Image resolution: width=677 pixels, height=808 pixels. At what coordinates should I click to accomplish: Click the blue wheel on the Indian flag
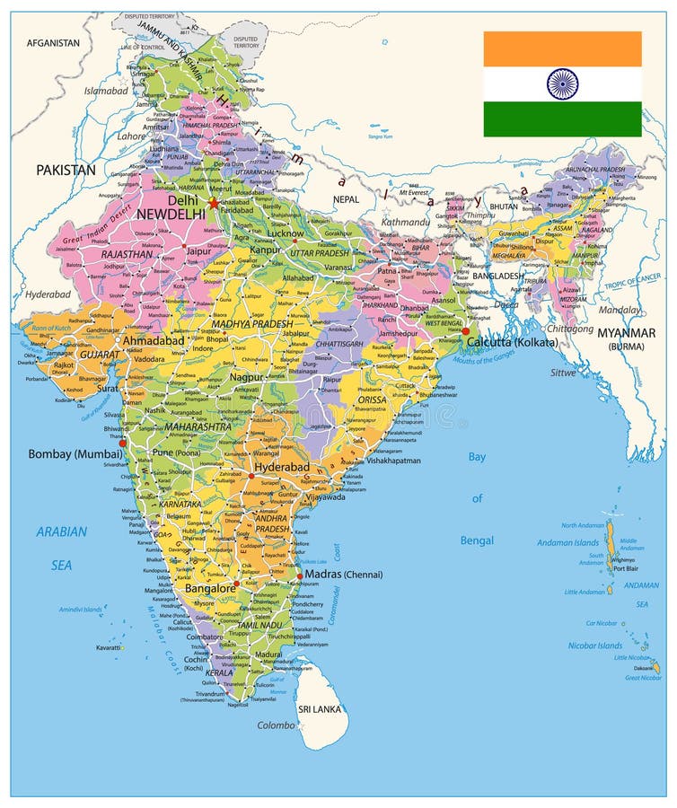pyautogui.click(x=563, y=84)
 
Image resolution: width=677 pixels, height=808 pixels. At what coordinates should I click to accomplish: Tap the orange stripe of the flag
pyautogui.click(x=563, y=48)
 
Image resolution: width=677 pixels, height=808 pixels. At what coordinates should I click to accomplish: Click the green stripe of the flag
pyautogui.click(x=563, y=119)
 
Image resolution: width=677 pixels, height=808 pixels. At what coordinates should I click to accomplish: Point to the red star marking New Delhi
pyautogui.click(x=213, y=203)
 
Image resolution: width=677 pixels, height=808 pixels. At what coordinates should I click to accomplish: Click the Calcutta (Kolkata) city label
pyautogui.click(x=512, y=342)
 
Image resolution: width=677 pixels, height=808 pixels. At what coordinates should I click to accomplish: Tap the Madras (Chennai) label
pyautogui.click(x=344, y=575)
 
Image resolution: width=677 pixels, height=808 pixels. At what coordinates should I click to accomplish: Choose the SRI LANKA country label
pyautogui.click(x=318, y=707)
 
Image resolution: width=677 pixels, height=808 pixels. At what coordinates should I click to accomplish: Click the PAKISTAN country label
pyautogui.click(x=66, y=169)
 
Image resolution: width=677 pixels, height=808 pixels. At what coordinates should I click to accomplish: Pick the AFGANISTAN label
pyautogui.click(x=53, y=42)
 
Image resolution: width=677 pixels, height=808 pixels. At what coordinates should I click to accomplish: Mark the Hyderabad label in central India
pyautogui.click(x=282, y=468)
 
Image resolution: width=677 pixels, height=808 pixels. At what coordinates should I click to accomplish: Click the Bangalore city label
pyautogui.click(x=209, y=588)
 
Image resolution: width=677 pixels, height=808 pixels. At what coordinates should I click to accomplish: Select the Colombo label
pyautogui.click(x=276, y=725)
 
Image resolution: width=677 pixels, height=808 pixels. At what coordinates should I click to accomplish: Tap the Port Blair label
pyautogui.click(x=626, y=568)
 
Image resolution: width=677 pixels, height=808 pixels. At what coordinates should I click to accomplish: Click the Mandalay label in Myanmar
pyautogui.click(x=620, y=311)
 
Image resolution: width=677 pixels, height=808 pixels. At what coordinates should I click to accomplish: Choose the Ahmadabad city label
pyautogui.click(x=154, y=341)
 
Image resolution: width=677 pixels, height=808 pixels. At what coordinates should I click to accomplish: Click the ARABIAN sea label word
pyautogui.click(x=62, y=531)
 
